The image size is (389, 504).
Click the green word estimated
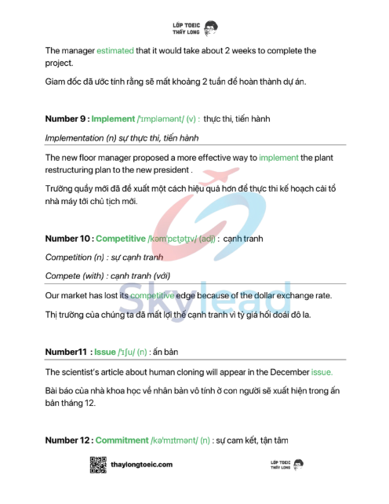[115, 51]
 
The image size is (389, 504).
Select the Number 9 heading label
[67, 119]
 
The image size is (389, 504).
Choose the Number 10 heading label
[69, 238]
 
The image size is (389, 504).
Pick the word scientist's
[84, 372]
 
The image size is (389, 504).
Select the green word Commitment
[122, 440]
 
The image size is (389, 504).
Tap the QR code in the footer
[98, 465]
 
